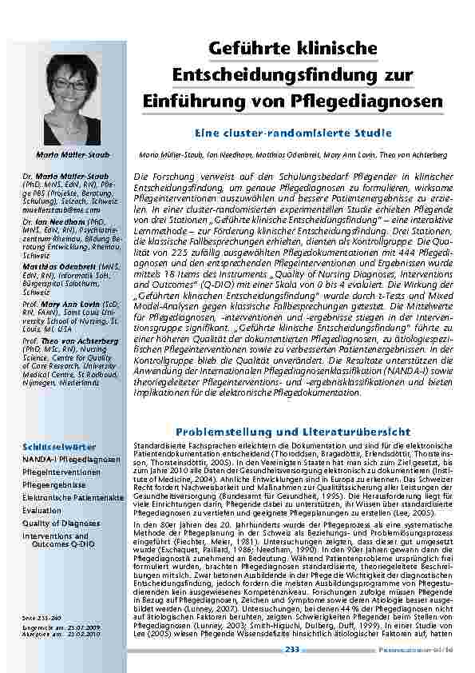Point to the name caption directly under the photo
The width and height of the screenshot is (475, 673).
[x=78, y=153]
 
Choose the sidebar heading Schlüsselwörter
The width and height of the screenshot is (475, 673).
[x=49, y=447]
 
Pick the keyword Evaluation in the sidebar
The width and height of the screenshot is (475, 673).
[x=42, y=510]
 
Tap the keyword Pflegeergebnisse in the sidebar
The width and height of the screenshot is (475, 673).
[x=54, y=484]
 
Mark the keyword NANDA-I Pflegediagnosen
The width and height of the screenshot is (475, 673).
[x=71, y=460]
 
